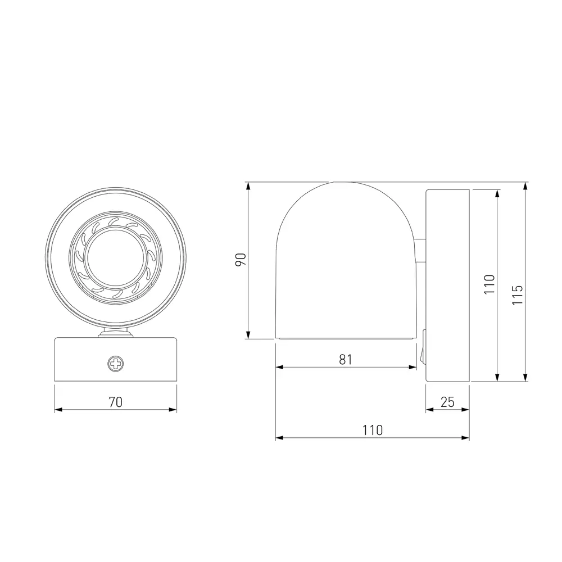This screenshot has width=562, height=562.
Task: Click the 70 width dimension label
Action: pyautogui.click(x=115, y=402)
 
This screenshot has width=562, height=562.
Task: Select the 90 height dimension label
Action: pyautogui.click(x=241, y=260)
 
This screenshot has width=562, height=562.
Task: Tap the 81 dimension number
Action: pyautogui.click(x=346, y=360)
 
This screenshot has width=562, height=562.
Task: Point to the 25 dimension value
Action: pyautogui.click(x=447, y=402)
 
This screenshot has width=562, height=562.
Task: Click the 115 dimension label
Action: pyautogui.click(x=518, y=295)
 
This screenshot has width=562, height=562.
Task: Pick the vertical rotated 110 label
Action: pyautogui.click(x=490, y=285)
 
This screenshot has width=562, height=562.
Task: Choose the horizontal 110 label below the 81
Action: pyautogui.click(x=372, y=430)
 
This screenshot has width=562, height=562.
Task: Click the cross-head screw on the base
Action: pyautogui.click(x=116, y=364)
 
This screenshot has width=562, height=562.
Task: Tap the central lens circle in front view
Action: pyautogui.click(x=115, y=259)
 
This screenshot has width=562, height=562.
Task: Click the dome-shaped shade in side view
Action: pyautogui.click(x=345, y=259)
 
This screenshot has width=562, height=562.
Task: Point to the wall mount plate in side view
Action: pyautogui.click(x=447, y=285)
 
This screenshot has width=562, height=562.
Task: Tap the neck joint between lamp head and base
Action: pyautogui.click(x=116, y=334)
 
